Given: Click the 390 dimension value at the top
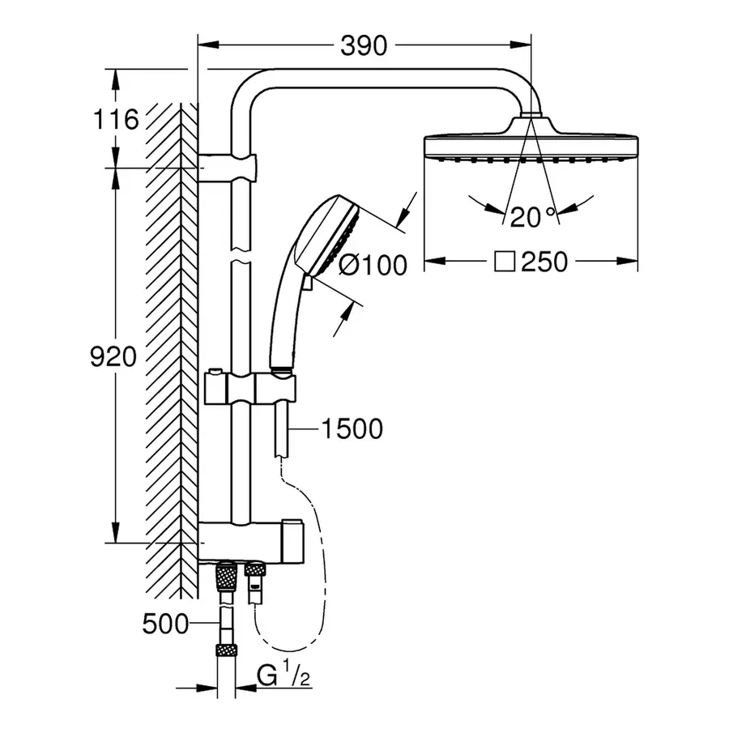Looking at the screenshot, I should pos(363,46).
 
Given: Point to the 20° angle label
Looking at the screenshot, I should pos(532,215).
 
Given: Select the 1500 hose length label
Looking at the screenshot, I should pos(351,428).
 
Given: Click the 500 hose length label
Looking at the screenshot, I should pos(164,624).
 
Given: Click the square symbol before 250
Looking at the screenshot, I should pos(505,262).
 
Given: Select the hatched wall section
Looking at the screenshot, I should pos(171,340).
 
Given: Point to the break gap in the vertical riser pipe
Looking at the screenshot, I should pos(241,254).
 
